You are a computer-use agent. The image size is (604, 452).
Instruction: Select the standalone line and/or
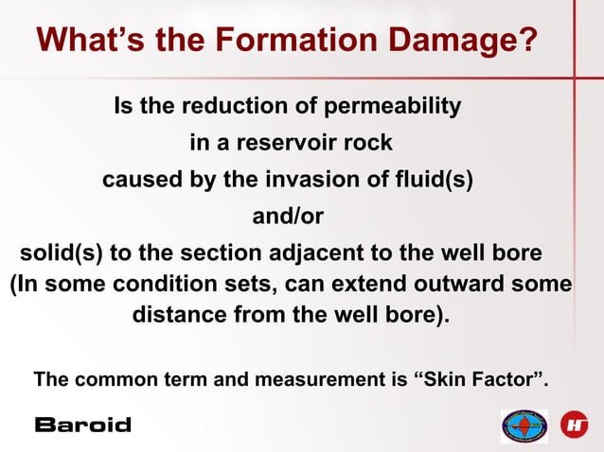[288, 217]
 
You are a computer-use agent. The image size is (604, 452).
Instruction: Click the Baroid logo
[82, 425]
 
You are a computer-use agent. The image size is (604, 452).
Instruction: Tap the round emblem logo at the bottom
[524, 426]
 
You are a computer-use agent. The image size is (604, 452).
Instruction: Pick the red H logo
[574, 425]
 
